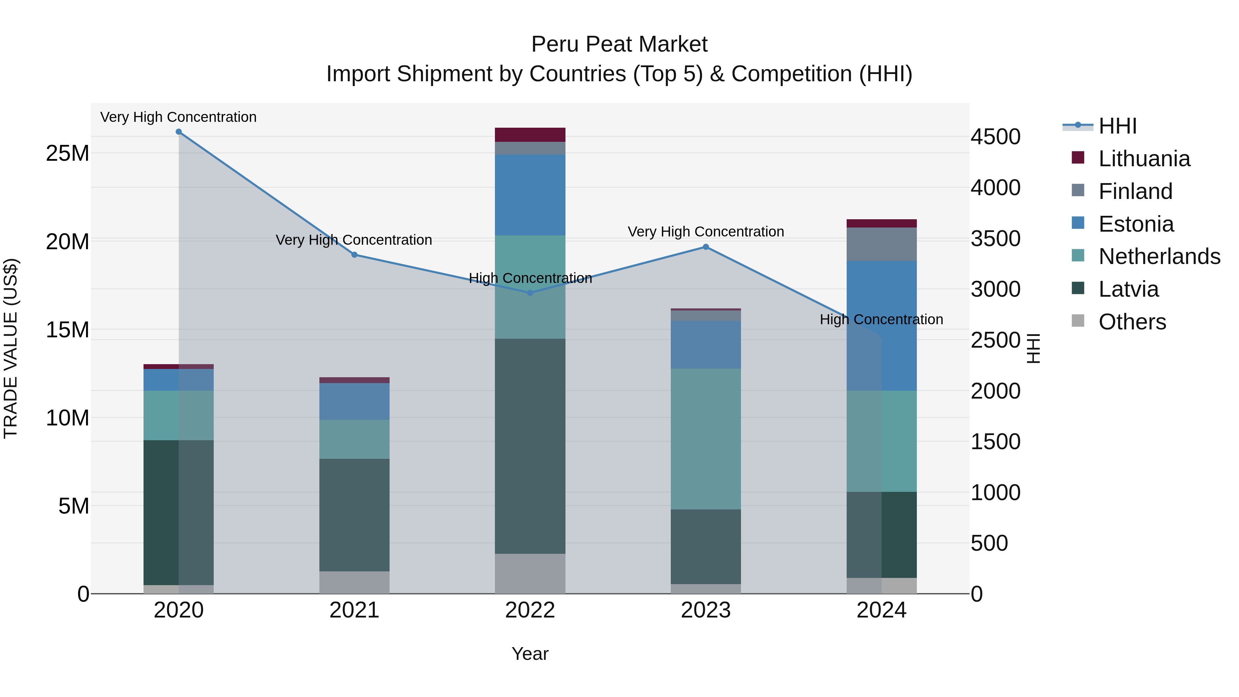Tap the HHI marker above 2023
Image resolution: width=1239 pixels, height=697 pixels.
tap(706, 247)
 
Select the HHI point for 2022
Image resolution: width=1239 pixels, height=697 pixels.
tap(530, 293)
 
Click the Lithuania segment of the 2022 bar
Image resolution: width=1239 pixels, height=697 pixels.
tap(530, 135)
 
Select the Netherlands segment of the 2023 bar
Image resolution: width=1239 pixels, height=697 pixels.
tap(706, 439)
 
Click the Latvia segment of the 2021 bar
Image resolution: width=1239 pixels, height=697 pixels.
tap(354, 515)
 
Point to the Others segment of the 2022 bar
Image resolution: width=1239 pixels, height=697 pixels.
tap(530, 573)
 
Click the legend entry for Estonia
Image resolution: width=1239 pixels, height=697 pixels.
tap(1136, 224)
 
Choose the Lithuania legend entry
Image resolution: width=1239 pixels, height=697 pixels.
tap(1144, 159)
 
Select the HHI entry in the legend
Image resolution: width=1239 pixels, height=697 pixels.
tap(1117, 126)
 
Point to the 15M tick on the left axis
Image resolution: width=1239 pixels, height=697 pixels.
tap(67, 330)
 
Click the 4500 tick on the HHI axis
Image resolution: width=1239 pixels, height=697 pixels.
tap(995, 137)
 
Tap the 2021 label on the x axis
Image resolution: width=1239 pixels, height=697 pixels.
tap(354, 610)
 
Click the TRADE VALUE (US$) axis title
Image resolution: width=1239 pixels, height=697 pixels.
tap(11, 348)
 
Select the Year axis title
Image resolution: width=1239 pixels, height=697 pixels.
tap(530, 654)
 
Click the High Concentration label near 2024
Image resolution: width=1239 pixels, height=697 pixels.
tap(881, 319)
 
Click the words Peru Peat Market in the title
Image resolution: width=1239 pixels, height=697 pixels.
tap(619, 44)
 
